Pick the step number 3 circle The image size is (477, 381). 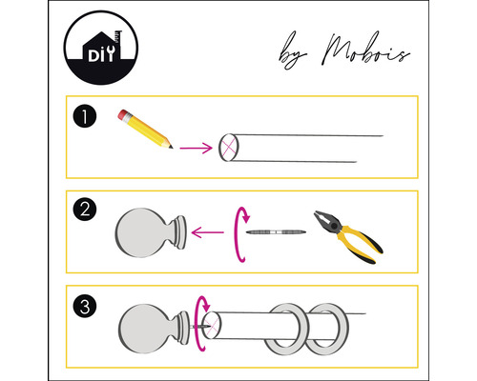click(85, 307)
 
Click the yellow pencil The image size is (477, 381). click(146, 130)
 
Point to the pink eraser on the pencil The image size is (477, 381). click(122, 115)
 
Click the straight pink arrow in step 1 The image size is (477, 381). click(196, 148)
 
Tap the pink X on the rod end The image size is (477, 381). click(229, 147)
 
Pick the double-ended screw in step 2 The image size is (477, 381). click(274, 232)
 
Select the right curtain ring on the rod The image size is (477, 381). click(329, 329)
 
